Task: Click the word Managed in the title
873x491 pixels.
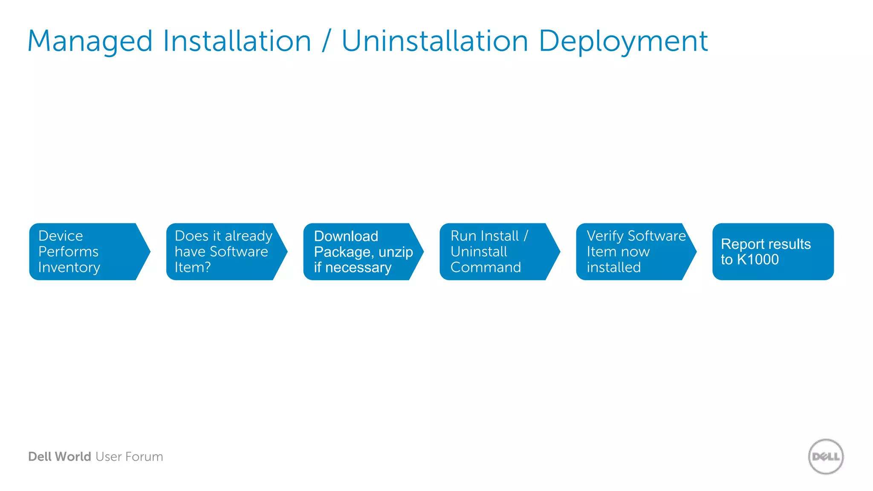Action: click(90, 42)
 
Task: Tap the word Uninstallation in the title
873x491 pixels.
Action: click(435, 42)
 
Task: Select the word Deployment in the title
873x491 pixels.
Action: click(623, 42)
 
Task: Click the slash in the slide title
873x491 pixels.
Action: click(327, 42)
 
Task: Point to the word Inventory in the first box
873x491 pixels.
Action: click(69, 268)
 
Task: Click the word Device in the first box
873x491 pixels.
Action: click(61, 236)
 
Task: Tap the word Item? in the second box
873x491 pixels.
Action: click(193, 268)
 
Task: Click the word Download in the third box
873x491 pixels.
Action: click(346, 236)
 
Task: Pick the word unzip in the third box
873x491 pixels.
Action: click(396, 252)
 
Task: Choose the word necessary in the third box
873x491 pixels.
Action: click(358, 268)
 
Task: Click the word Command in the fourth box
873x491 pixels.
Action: click(486, 268)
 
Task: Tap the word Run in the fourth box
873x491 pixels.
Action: click(463, 236)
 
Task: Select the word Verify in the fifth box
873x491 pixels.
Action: click(605, 236)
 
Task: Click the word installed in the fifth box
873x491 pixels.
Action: click(614, 268)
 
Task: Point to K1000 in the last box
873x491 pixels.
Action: click(757, 260)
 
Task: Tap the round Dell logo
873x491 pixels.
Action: click(826, 456)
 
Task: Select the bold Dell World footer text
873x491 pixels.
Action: click(60, 457)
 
